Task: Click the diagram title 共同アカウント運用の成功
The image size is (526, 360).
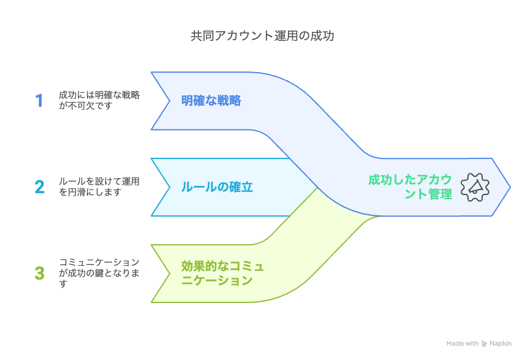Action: (x=262, y=36)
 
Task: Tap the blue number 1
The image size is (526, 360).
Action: (x=39, y=101)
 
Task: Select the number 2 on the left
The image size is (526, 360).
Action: (x=40, y=187)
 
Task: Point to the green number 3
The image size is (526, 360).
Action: (x=40, y=273)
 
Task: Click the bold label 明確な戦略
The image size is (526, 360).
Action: (x=211, y=101)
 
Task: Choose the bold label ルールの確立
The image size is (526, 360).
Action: (x=217, y=187)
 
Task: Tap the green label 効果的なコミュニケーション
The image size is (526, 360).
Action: (x=223, y=274)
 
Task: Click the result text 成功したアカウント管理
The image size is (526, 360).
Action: (x=410, y=187)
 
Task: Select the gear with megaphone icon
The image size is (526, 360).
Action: (x=475, y=187)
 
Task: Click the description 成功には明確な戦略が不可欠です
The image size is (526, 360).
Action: (x=100, y=100)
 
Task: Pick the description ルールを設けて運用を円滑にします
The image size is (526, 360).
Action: (x=100, y=187)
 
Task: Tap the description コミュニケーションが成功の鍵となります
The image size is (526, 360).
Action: (x=100, y=273)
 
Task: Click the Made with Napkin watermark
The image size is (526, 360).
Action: (x=479, y=344)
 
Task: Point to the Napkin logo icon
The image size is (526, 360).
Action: (x=484, y=344)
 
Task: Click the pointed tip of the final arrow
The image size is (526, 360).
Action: (x=510, y=187)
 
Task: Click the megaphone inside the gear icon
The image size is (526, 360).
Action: (x=475, y=187)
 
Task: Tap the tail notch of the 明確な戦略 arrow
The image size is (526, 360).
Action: (x=170, y=101)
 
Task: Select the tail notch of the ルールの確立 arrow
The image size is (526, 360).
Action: (x=170, y=187)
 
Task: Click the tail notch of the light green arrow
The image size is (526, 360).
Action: (x=170, y=274)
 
